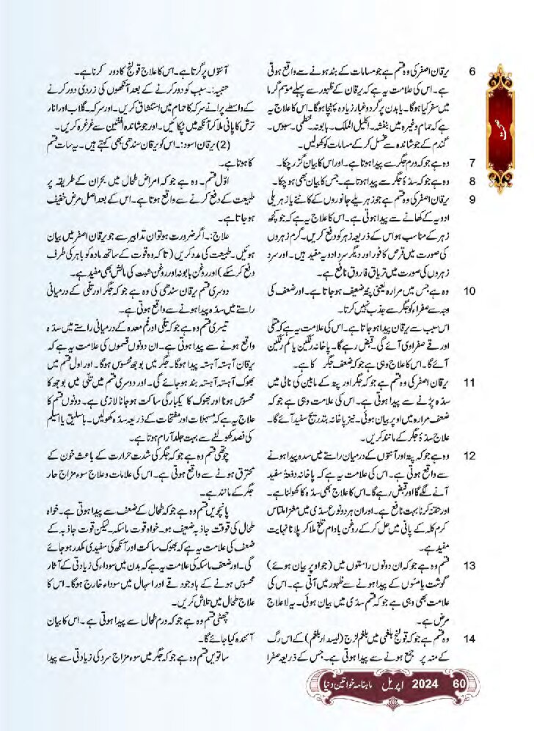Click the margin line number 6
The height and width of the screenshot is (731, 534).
[473, 72]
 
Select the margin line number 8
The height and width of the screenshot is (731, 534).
[473, 179]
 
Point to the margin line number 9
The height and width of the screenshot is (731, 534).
[473, 198]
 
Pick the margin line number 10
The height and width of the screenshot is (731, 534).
[471, 291]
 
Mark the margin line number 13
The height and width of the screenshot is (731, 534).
[471, 565]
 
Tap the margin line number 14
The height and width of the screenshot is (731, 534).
[471, 639]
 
